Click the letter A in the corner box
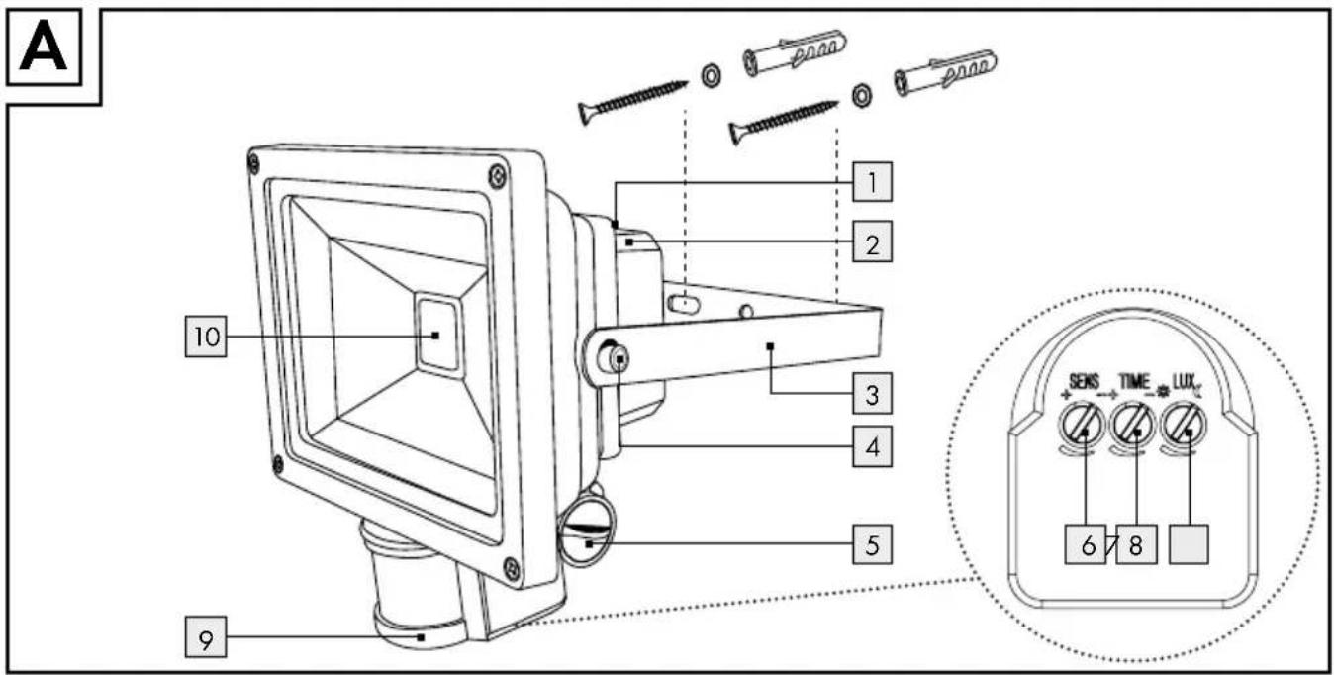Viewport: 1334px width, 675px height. (43, 48)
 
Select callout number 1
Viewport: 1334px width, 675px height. (872, 182)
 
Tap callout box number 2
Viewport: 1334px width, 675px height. (872, 241)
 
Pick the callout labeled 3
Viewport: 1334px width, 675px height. (872, 393)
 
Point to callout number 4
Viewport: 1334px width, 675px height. (872, 446)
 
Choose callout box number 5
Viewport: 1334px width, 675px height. (872, 544)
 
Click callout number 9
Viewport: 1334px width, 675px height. (206, 637)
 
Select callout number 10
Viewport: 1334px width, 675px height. (206, 337)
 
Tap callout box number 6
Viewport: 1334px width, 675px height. (1086, 544)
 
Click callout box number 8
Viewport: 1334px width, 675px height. (1136, 544)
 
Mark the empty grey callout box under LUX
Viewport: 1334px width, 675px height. (1189, 544)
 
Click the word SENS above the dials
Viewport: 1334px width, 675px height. (1084, 382)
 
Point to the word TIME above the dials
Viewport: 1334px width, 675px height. (1134, 381)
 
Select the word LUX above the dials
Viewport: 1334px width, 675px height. (1184, 381)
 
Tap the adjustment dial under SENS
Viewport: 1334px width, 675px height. (1082, 426)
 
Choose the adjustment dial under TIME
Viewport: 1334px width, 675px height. (1133, 426)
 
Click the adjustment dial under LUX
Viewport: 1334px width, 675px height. (1184, 426)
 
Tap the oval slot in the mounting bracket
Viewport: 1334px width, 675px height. (684, 305)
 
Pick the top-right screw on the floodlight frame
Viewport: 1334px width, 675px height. (497, 176)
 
